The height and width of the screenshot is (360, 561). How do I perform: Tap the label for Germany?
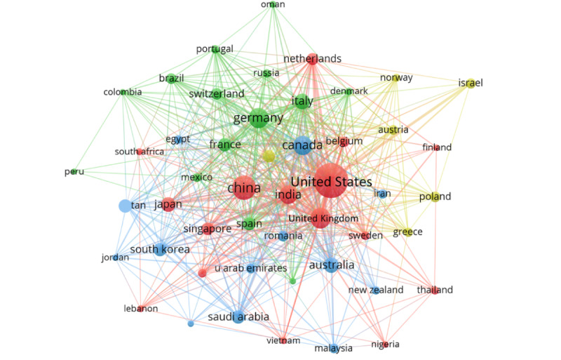[257, 117]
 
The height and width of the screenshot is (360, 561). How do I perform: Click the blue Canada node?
[303, 145]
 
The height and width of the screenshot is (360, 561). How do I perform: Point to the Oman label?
[273, 4]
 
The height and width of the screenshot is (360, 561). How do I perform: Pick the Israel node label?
[471, 83]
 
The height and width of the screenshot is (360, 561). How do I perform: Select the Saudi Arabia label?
[238, 317]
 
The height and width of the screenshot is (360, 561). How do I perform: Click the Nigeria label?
[385, 344]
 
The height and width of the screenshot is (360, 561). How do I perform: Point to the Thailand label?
[435, 290]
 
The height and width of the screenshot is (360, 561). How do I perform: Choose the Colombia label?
[123, 92]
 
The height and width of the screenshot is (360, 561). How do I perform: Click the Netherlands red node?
[312, 59]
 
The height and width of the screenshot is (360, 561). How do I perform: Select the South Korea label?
[160, 249]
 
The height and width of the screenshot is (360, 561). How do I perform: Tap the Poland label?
[435, 196]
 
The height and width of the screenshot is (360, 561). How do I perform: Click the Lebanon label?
[140, 309]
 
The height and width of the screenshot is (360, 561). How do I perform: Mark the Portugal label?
[215, 49]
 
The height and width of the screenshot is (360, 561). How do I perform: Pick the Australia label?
[332, 265]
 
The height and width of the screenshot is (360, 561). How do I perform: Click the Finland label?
[437, 147]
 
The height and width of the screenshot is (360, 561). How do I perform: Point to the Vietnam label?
[283, 340]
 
